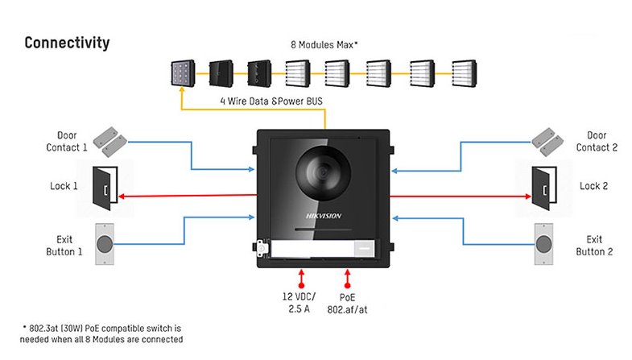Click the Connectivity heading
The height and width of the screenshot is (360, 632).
(67, 43)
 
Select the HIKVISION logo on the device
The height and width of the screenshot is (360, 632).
(322, 215)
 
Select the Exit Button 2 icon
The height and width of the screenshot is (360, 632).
(543, 244)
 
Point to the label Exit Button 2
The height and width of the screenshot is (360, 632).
(594, 246)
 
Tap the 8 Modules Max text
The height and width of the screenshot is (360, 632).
(324, 45)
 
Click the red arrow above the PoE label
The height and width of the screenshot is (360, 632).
(348, 278)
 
